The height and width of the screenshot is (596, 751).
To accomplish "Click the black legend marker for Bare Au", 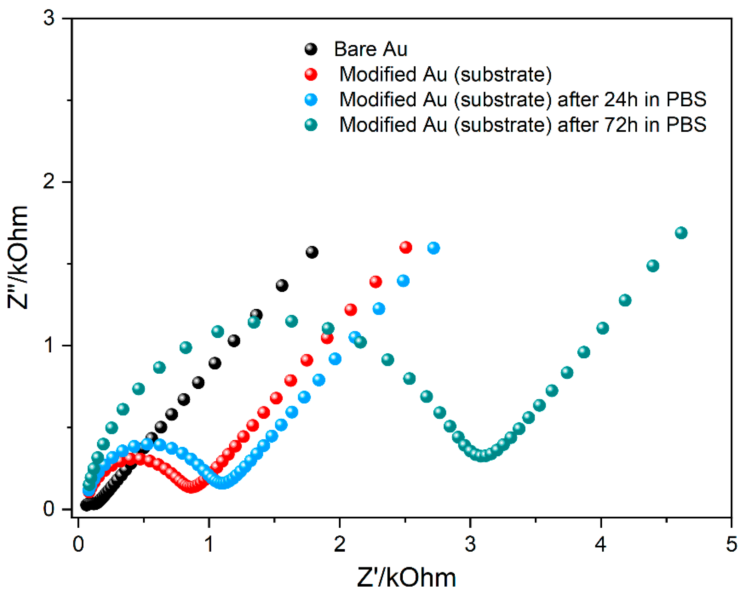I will [311, 49].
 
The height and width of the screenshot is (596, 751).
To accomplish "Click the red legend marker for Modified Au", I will [311, 74].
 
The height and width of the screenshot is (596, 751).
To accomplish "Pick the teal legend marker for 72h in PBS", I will [311, 125].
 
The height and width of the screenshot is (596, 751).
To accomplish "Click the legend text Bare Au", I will [370, 49].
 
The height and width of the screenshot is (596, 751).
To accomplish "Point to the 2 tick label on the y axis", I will [49, 182].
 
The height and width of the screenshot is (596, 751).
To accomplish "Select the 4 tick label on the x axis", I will [600, 544].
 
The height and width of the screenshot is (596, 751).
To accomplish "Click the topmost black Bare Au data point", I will [312, 252].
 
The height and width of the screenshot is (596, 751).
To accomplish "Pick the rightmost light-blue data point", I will [433, 248].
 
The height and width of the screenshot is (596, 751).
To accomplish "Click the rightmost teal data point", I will [681, 233].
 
